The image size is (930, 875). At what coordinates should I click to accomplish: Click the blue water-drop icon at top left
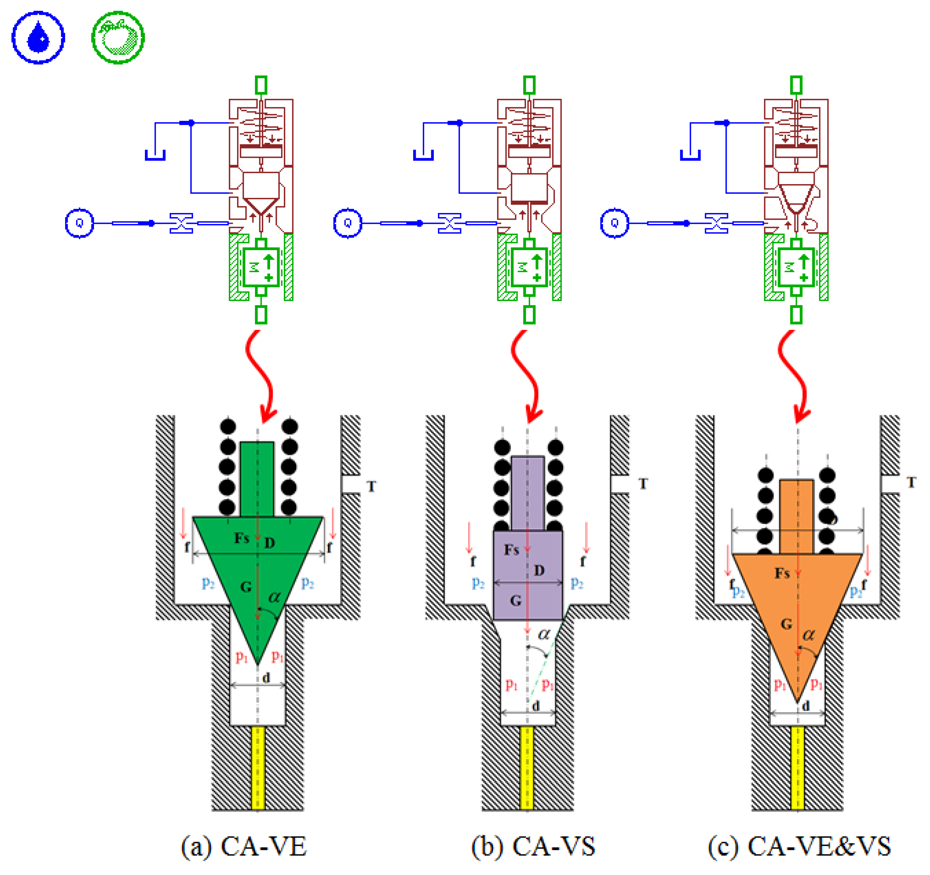point(38,37)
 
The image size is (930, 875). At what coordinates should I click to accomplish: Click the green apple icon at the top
point(118,37)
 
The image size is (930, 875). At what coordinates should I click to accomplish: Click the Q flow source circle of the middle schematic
point(347,223)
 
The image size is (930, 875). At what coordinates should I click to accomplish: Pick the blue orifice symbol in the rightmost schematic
point(716,223)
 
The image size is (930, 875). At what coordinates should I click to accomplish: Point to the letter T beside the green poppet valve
point(371,487)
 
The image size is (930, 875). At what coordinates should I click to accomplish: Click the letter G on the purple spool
point(516,600)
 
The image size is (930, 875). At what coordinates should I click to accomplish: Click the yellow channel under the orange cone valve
point(797,767)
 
